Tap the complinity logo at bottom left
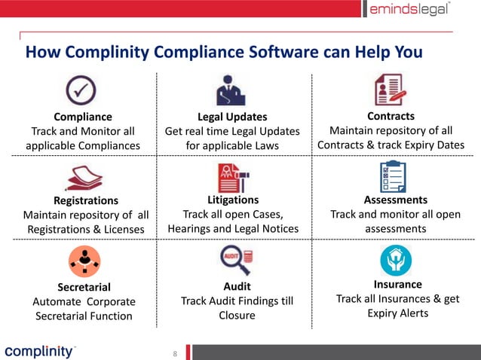point(39,351)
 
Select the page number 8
point(175,353)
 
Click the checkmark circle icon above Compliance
point(81,90)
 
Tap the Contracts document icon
point(390,90)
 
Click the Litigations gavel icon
point(233,176)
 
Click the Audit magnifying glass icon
point(234,261)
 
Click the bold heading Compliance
point(83,117)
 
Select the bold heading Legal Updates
point(232,117)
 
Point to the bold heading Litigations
point(232,200)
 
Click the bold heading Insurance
point(397,284)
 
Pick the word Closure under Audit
point(237,316)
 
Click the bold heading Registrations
point(86,200)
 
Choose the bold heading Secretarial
point(84,287)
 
